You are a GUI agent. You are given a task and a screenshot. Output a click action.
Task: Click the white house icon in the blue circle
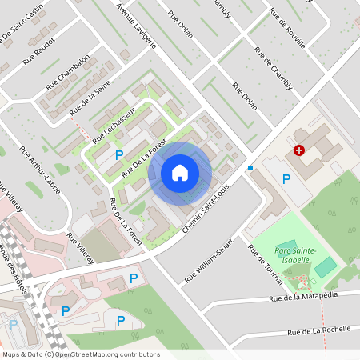pos(180,172)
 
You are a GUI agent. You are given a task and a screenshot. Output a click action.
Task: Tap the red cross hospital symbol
pos(299,150)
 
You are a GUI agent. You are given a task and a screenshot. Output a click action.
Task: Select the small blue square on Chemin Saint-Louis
pos(250,168)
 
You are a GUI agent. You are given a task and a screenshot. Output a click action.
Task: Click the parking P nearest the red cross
pos(286,178)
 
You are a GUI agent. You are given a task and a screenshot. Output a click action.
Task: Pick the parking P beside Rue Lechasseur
pos(119,154)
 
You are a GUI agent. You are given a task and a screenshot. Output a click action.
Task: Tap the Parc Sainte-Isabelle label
pos(295,254)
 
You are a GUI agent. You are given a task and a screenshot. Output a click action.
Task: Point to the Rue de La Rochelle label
pos(320,330)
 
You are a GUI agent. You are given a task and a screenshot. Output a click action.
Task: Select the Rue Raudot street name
pos(39,49)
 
